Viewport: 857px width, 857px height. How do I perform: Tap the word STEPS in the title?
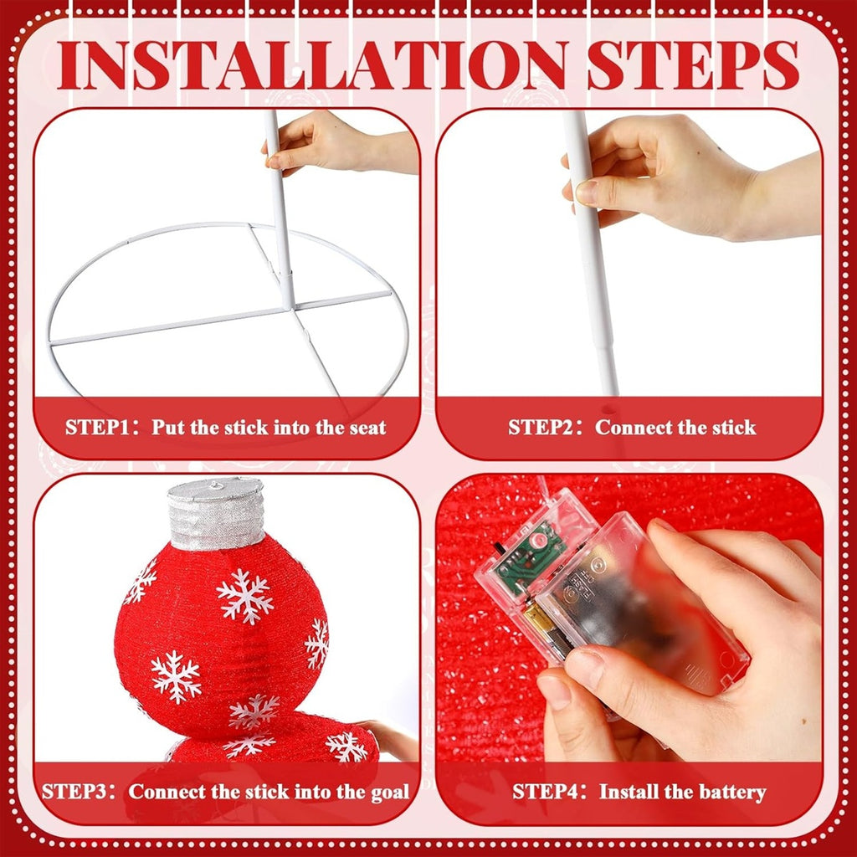coord(693,65)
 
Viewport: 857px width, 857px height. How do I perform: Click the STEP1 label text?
coord(97,427)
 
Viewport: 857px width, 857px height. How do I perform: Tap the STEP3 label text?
coord(74,792)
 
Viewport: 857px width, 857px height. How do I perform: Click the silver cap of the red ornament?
coord(216,513)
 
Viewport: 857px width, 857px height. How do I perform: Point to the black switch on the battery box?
coord(499,547)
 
